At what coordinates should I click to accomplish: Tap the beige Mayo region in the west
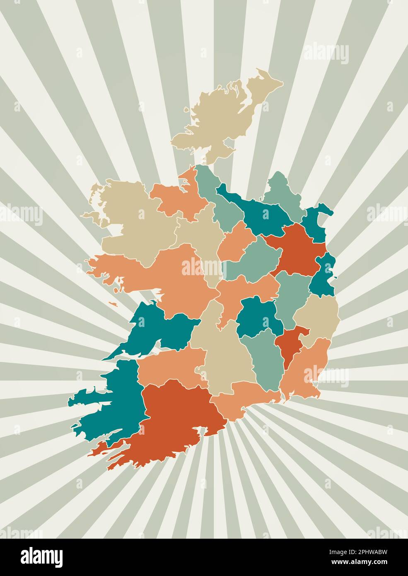[133, 215]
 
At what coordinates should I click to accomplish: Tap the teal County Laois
[257, 317]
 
